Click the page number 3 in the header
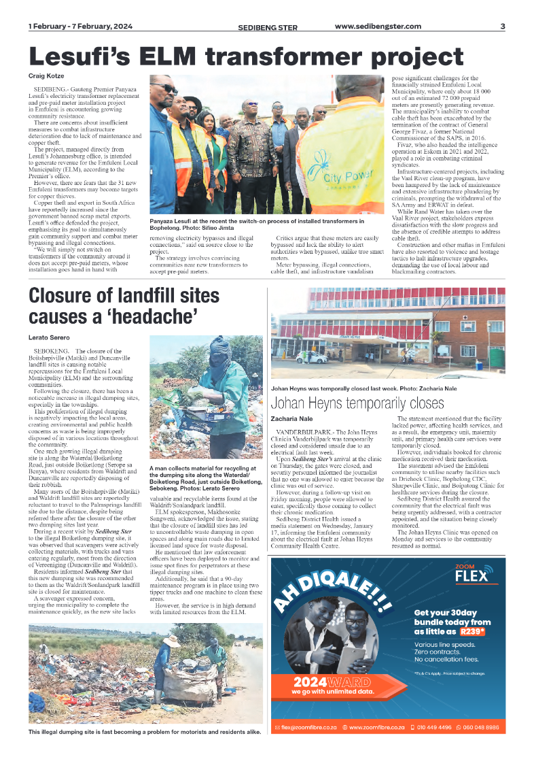pos(502,27)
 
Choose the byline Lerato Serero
pos(49,337)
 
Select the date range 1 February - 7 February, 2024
pos(80,27)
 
